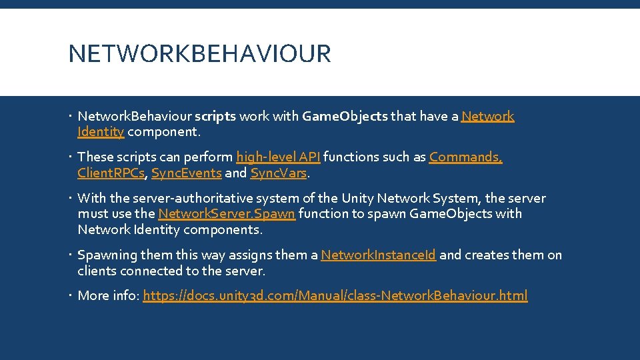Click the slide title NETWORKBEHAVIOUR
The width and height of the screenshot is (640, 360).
199,54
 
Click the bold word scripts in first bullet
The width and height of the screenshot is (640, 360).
215,117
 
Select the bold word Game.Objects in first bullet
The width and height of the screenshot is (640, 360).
344,117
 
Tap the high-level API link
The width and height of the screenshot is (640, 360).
278,157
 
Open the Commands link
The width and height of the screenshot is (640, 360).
465,157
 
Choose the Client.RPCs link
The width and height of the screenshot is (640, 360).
111,173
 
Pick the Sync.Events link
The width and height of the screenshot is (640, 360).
186,173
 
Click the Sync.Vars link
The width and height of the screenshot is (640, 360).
278,173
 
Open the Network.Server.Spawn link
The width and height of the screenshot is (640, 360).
226,214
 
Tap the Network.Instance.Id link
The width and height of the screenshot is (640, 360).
378,255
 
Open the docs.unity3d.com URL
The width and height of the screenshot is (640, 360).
335,296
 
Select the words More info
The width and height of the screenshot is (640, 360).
107,296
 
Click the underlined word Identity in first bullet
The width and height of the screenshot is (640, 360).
101,132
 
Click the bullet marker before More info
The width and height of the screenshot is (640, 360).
71,296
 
